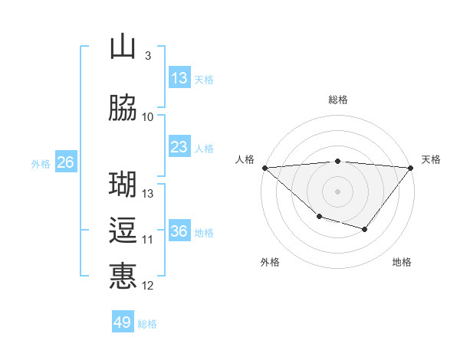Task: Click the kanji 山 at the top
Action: tap(123, 47)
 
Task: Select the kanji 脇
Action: tap(123, 109)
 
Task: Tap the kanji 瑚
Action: tap(123, 185)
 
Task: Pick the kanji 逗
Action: tap(123, 231)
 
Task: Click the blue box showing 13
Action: tap(179, 78)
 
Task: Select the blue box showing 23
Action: tap(179, 147)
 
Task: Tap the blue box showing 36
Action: tap(179, 231)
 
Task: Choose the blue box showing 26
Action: tap(65, 162)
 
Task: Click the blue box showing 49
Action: tap(123, 322)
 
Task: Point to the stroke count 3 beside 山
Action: tap(147, 56)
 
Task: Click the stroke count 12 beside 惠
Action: tap(148, 286)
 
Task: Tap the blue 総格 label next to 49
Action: tap(147, 324)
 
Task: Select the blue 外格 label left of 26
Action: tap(41, 163)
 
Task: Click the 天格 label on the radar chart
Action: tap(431, 159)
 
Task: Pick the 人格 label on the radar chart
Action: tap(245, 159)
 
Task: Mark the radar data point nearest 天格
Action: tap(412, 167)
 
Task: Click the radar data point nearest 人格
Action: tap(264, 167)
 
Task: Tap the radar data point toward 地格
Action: tap(365, 229)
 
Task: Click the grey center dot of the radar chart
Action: tap(337, 191)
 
